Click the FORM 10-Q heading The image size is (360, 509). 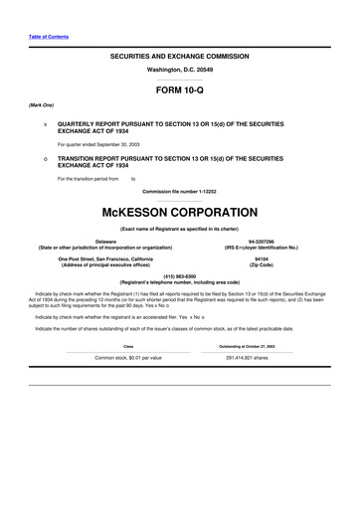pyautogui.click(x=180, y=88)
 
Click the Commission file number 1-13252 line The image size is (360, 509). pyautogui.click(x=180, y=190)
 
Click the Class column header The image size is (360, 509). pyautogui.click(x=127, y=346)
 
